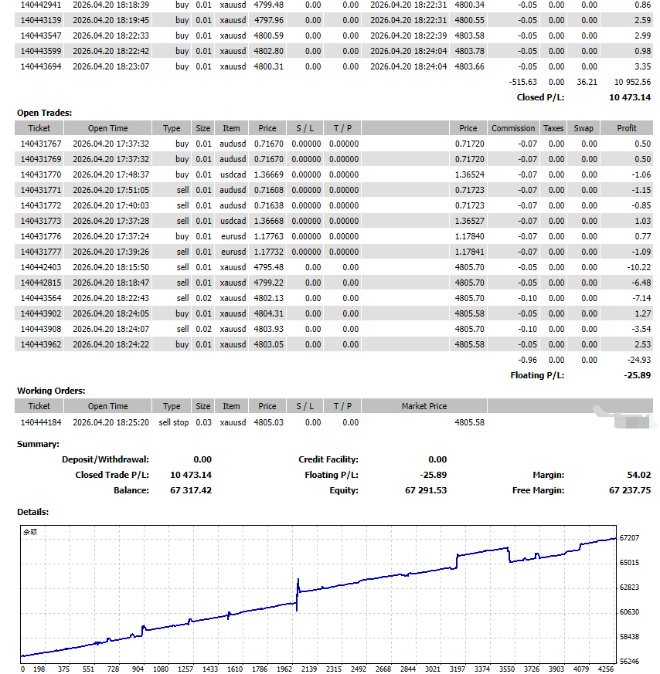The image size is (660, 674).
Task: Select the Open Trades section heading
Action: pyautogui.click(x=44, y=113)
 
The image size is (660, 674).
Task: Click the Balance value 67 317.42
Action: pyautogui.click(x=190, y=490)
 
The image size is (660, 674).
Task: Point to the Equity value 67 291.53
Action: pyautogui.click(x=426, y=490)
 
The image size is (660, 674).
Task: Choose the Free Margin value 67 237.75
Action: pyautogui.click(x=630, y=490)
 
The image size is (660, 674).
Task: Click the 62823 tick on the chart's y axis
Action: pyautogui.click(x=630, y=588)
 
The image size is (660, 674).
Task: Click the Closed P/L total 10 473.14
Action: pyautogui.click(x=630, y=97)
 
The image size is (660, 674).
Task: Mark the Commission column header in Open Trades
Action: pyautogui.click(x=513, y=128)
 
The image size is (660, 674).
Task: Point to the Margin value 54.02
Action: pyautogui.click(x=638, y=475)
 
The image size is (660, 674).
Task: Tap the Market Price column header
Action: pyautogui.click(x=424, y=406)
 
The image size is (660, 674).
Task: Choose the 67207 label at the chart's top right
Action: pyautogui.click(x=630, y=538)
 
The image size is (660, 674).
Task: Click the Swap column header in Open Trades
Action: pyautogui.click(x=583, y=128)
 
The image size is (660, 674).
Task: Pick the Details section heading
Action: pyautogui.click(x=33, y=512)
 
